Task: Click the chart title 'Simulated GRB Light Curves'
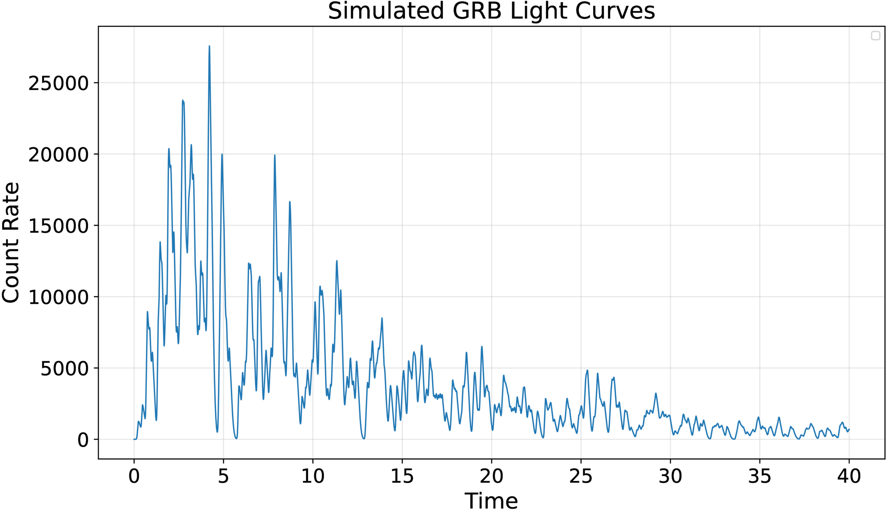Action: pyautogui.click(x=491, y=11)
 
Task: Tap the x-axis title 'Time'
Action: pyautogui.click(x=491, y=500)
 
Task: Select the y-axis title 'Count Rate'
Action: pyautogui.click(x=11, y=243)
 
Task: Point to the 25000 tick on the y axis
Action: pyautogui.click(x=58, y=83)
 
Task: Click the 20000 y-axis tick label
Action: pyautogui.click(x=58, y=155)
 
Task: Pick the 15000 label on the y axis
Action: pyautogui.click(x=58, y=226)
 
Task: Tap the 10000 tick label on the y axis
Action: pyautogui.click(x=58, y=297)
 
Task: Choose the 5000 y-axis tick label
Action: pyautogui.click(x=64, y=369)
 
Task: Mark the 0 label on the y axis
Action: pyautogui.click(x=83, y=440)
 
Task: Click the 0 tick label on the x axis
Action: pyautogui.click(x=134, y=476)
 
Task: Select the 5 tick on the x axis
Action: pyautogui.click(x=224, y=476)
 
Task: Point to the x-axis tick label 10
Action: pyautogui.click(x=313, y=476)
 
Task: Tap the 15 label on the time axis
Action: pyautogui.click(x=402, y=476)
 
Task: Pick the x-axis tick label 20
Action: pyautogui.click(x=492, y=476)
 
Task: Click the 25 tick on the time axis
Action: pyautogui.click(x=581, y=476)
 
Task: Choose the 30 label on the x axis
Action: pyautogui.click(x=670, y=476)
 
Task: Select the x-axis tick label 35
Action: pyautogui.click(x=760, y=476)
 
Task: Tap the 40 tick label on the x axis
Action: pyautogui.click(x=849, y=476)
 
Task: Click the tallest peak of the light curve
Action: pyautogui.click(x=209, y=46)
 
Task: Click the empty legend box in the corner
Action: pyautogui.click(x=876, y=36)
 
